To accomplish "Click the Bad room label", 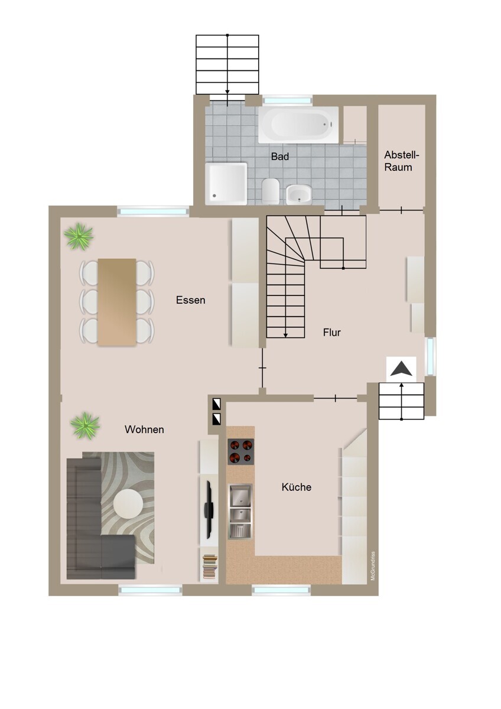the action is tap(280, 157).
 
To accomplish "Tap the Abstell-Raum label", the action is tap(401, 161).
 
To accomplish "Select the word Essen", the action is tap(190, 300).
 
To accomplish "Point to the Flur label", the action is tap(331, 332).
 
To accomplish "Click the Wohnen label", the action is tap(144, 430).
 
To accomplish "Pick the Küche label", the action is tap(296, 487).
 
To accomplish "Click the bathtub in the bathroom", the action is tap(298, 125).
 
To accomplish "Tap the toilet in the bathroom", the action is tap(270, 191).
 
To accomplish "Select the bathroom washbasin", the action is tap(299, 194).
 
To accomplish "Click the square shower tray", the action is tap(226, 183).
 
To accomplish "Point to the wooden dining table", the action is tap(117, 302).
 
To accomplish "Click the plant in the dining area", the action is tap(78, 236).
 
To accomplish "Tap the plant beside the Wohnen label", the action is tap(85, 425).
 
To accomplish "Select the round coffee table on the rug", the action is tap(128, 503).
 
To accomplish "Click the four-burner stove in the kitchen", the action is tap(240, 451).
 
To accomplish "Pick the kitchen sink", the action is tap(240, 511).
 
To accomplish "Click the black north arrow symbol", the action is tap(401, 369).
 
